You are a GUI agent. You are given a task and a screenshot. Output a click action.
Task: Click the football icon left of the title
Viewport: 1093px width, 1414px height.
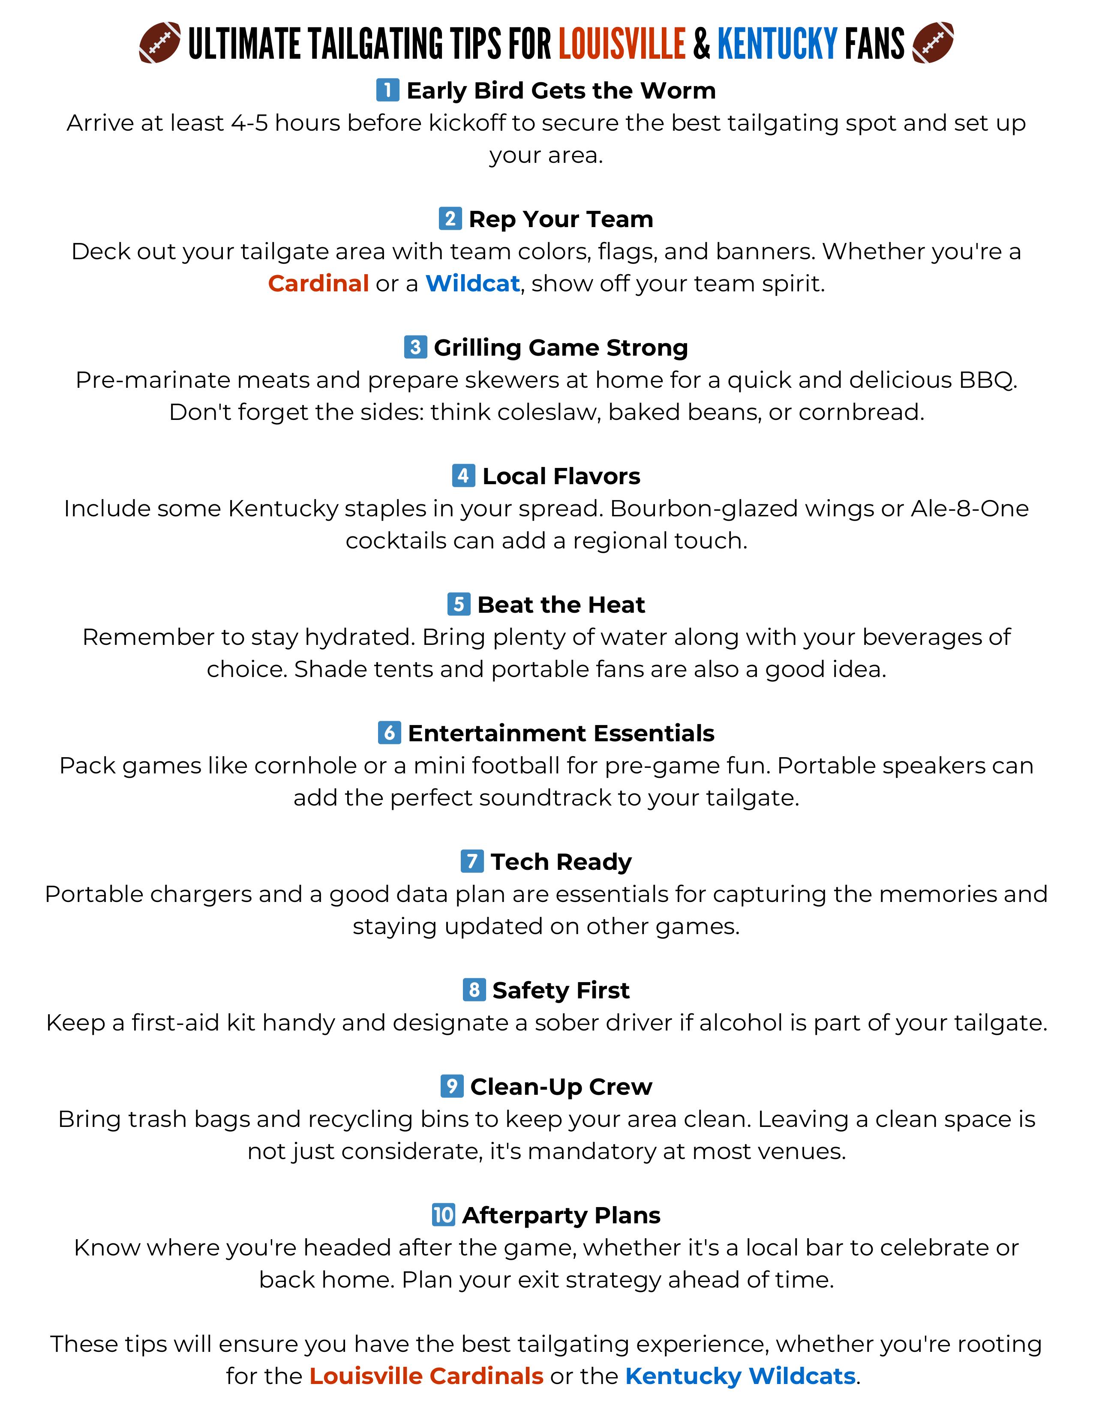(x=160, y=43)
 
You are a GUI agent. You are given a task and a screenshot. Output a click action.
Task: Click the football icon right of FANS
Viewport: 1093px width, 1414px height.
(x=932, y=43)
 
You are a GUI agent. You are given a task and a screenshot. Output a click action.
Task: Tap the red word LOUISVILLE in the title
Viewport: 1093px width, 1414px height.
(x=622, y=44)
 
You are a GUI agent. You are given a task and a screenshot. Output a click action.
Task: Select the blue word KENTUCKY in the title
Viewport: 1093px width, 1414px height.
(x=778, y=44)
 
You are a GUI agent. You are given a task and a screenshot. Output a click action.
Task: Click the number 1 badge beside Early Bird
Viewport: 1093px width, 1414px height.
(x=387, y=90)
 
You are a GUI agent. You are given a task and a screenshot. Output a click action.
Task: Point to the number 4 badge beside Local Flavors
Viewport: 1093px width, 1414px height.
(x=463, y=476)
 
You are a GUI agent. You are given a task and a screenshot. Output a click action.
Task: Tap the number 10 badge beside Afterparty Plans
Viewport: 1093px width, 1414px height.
(x=443, y=1215)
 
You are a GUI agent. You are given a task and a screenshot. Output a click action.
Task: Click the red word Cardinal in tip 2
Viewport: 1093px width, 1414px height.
(x=318, y=284)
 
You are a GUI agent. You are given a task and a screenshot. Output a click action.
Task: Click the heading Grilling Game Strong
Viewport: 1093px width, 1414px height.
(x=561, y=348)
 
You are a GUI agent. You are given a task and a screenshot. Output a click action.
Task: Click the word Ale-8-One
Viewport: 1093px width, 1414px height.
(x=969, y=509)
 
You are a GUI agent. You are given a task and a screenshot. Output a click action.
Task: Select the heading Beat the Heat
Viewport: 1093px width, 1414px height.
(x=561, y=605)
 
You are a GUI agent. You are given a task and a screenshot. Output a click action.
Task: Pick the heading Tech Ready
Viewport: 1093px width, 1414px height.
(x=561, y=862)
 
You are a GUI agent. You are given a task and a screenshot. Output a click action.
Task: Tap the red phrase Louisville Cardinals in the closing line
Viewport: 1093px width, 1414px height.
(x=426, y=1376)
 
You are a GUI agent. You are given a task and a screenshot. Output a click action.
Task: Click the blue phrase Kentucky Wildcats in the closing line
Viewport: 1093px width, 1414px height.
(x=740, y=1376)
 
